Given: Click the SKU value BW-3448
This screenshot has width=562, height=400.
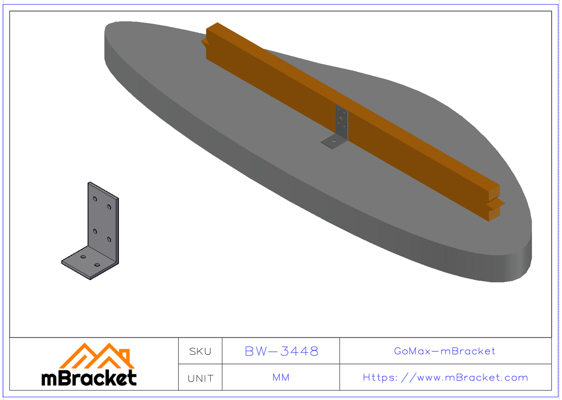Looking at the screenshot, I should point(281,351).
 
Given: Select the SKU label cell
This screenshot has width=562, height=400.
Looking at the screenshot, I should point(200,351).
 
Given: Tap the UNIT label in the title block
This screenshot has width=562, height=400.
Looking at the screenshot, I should point(200,378).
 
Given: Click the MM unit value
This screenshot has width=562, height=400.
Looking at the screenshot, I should point(281,378).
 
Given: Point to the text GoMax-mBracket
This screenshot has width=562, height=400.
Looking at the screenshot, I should point(444,351).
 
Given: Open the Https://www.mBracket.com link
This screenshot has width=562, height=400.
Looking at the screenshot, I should point(445,378).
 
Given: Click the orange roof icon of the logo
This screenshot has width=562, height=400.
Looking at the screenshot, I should point(97,356).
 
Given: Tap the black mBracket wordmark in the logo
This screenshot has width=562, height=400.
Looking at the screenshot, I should point(89,378).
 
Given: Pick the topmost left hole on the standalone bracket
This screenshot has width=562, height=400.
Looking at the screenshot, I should point(96,199).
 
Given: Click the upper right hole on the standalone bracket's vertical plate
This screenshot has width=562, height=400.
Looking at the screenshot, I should point(109,207).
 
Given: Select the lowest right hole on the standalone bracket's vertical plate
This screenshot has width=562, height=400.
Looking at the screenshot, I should point(109,239).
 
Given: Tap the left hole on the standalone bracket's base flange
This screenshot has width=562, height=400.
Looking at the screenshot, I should point(83,257).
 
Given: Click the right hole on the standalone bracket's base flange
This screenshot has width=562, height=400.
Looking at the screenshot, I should point(97,265).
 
